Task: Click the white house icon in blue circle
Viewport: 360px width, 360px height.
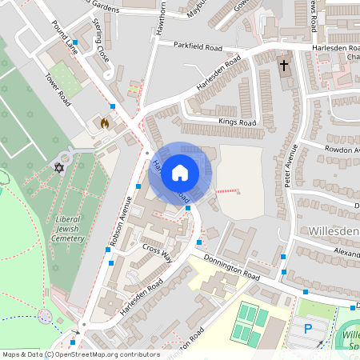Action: click(180, 172)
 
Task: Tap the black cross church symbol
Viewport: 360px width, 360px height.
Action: click(284, 64)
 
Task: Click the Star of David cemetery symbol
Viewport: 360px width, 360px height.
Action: click(58, 167)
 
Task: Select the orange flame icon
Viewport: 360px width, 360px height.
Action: click(103, 124)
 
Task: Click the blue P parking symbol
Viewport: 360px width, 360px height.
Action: click(309, 329)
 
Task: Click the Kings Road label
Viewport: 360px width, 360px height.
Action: click(237, 122)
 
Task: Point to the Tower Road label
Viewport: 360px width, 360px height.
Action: click(58, 91)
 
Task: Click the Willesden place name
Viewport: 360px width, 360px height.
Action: click(333, 230)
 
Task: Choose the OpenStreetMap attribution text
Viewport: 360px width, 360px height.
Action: click(80, 354)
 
